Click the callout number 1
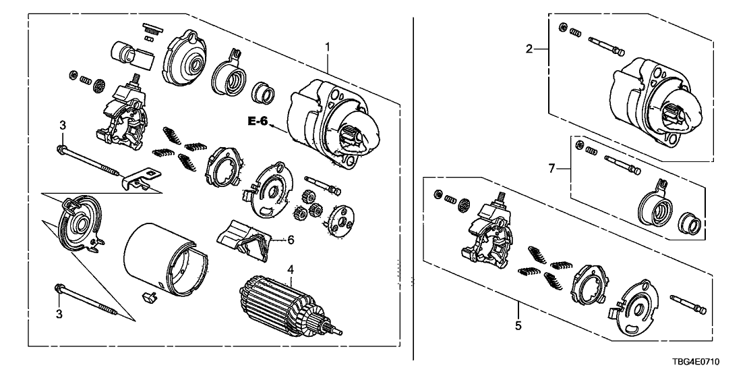328,47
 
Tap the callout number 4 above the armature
291,269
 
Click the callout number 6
291,239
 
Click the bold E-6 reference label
258,122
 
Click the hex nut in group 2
562,28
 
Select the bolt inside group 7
620,164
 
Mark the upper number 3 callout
62,125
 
